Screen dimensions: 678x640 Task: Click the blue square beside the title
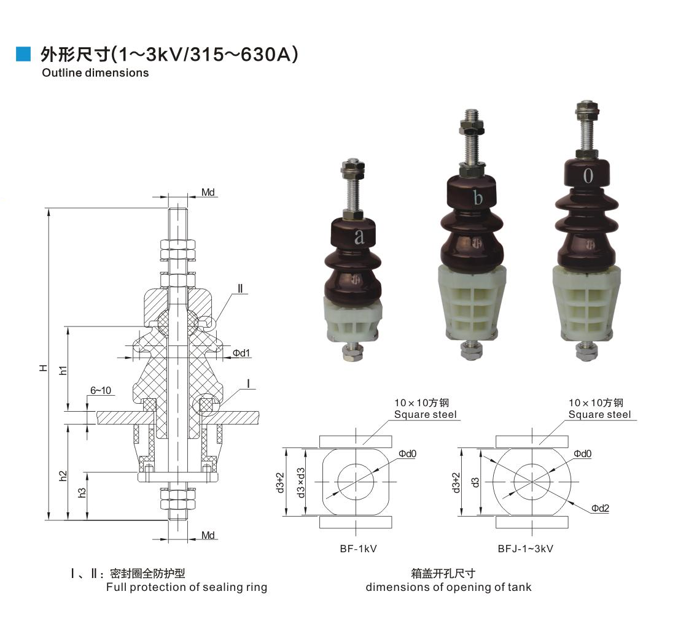[23, 53]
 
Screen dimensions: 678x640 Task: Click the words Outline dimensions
[95, 72]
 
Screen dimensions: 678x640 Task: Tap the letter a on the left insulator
[359, 236]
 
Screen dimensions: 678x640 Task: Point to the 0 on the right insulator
[588, 175]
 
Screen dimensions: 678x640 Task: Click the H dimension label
[43, 368]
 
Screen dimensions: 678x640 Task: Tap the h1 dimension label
[64, 370]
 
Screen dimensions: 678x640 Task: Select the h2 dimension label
[64, 476]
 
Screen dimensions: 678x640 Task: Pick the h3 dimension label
[82, 493]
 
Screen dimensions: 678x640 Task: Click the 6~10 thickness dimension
[100, 390]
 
